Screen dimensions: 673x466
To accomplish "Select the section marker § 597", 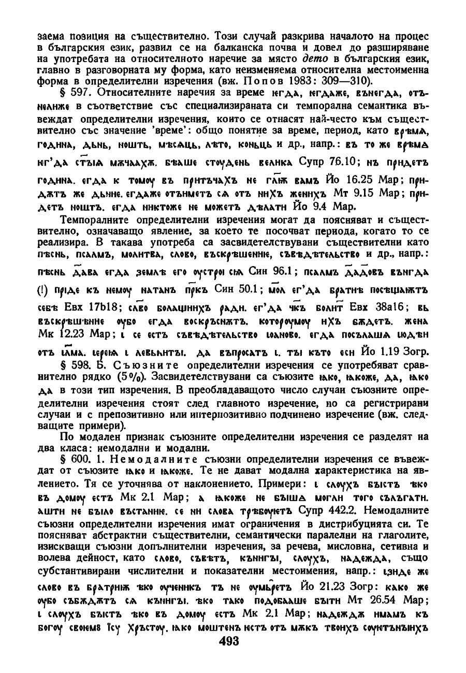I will coord(77,93).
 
